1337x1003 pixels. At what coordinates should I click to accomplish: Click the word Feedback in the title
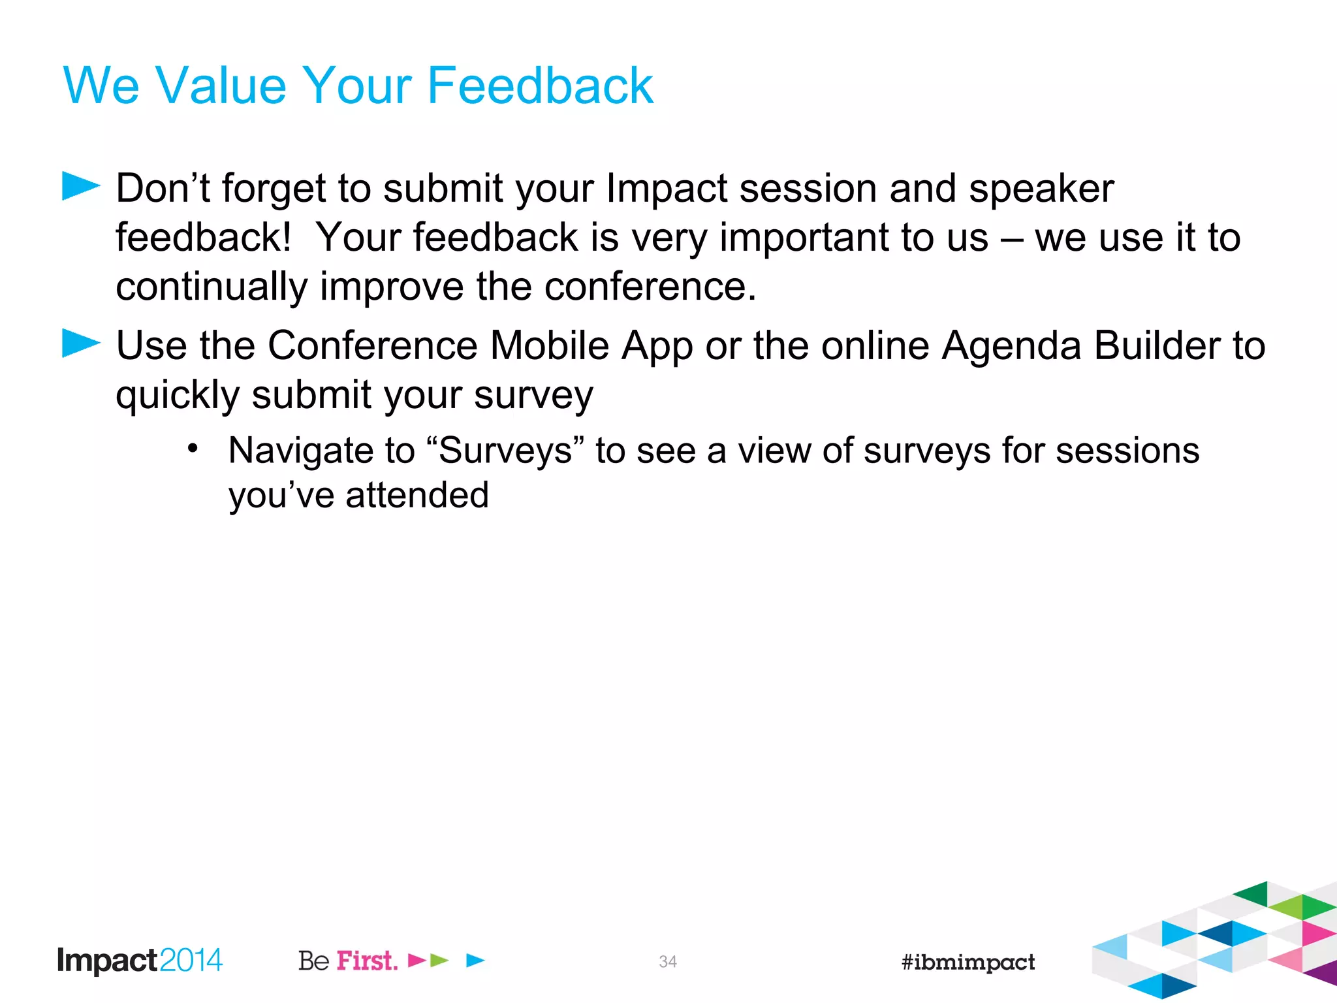[x=540, y=86]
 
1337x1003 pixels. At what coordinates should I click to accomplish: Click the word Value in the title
[x=221, y=86]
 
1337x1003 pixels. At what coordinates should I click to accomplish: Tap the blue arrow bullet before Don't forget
[x=80, y=186]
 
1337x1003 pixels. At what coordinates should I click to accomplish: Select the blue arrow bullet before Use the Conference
[x=80, y=343]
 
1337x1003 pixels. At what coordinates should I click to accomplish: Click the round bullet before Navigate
[x=192, y=449]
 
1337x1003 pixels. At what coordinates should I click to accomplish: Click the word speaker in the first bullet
[x=1041, y=189]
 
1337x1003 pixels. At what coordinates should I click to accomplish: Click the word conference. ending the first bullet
[x=650, y=287]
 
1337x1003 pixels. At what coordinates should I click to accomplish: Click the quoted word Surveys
[x=505, y=451]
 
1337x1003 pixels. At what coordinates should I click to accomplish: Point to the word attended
[x=417, y=495]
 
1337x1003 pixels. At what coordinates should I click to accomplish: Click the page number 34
[x=668, y=961]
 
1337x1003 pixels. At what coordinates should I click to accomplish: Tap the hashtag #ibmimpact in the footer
[x=968, y=962]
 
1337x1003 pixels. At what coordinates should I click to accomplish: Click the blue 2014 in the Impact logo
[x=191, y=961]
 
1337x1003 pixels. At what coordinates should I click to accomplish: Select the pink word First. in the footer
[x=367, y=961]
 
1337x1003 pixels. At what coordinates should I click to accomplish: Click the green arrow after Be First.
[x=439, y=961]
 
